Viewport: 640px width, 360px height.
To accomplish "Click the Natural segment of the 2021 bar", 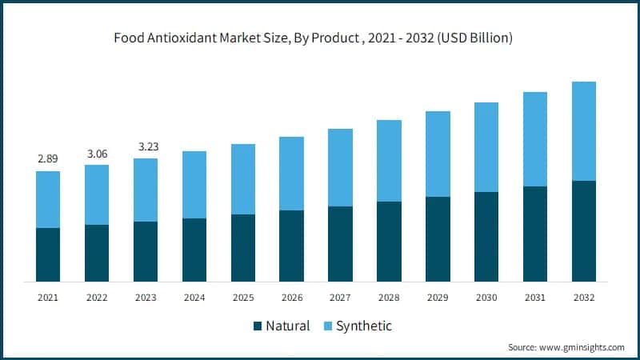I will click(x=48, y=254).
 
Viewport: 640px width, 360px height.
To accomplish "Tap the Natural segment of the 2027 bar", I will click(x=340, y=244).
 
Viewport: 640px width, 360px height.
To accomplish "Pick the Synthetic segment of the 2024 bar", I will click(x=194, y=185).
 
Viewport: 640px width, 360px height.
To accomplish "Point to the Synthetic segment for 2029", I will click(x=438, y=154).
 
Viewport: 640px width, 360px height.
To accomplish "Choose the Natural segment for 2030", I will click(x=486, y=237).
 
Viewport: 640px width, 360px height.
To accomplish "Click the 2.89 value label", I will click(x=48, y=159).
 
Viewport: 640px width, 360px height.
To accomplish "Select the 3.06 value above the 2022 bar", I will click(x=97, y=153).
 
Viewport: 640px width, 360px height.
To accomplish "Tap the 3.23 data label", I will click(x=146, y=146).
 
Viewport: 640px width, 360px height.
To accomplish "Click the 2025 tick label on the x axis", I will click(x=243, y=297).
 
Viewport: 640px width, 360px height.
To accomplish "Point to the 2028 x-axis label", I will click(x=389, y=297).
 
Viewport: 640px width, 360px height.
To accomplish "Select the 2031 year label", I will click(x=535, y=297).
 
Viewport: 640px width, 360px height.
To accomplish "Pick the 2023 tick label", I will click(x=146, y=297).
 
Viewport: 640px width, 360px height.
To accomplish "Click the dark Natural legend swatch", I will click(x=258, y=326).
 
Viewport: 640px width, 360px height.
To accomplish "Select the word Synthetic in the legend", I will click(x=364, y=326).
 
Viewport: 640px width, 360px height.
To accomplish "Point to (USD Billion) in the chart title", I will click(x=474, y=37).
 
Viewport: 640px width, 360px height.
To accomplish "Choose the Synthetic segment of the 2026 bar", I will click(x=291, y=174).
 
